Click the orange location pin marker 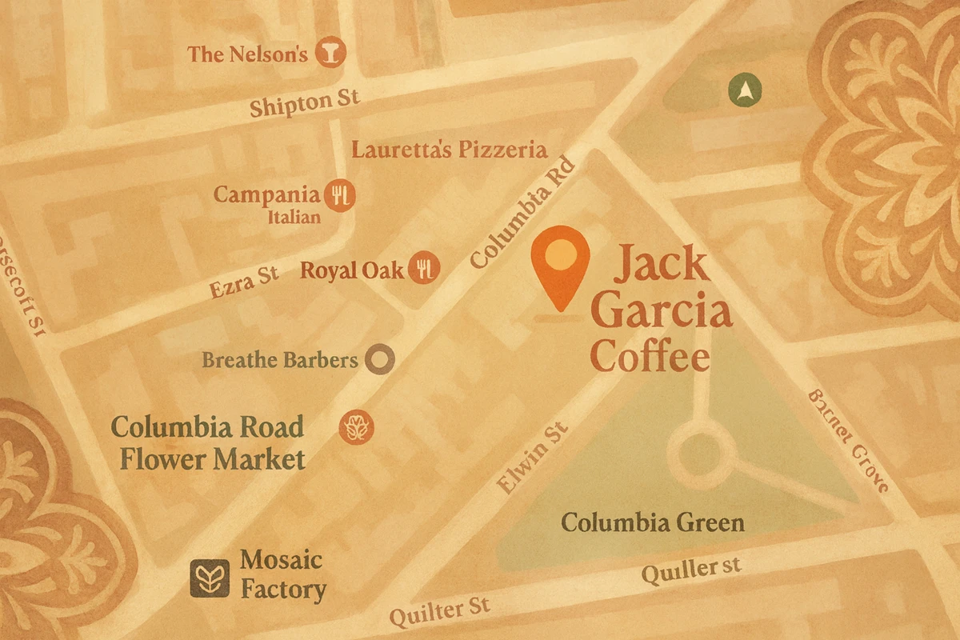(560, 260)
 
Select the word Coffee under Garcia (650, 357)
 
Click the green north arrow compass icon (746, 91)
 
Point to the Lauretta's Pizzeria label (450, 150)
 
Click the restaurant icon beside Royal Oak (424, 269)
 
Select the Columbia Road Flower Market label (208, 442)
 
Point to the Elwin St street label (531, 458)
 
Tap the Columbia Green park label (652, 523)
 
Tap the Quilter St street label (439, 612)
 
